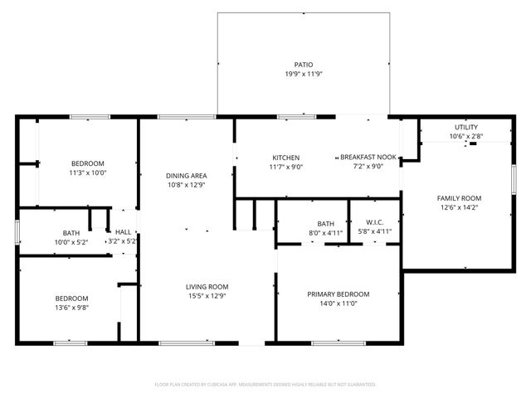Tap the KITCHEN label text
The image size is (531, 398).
pyautogui.click(x=285, y=158)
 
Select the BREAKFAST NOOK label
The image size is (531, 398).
pyautogui.click(x=368, y=158)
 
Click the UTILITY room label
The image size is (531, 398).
pyautogui.click(x=465, y=127)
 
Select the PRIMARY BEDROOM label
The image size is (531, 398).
pyautogui.click(x=338, y=294)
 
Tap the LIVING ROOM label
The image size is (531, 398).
pyautogui.click(x=207, y=287)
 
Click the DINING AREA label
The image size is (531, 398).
pyautogui.click(x=186, y=176)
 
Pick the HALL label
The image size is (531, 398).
pyautogui.click(x=123, y=232)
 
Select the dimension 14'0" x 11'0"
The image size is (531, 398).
pyautogui.click(x=338, y=303)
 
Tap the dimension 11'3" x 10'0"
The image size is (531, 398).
pyautogui.click(x=87, y=172)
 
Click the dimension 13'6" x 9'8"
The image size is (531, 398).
pyautogui.click(x=71, y=308)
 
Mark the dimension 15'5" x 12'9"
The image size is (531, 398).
pyautogui.click(x=207, y=296)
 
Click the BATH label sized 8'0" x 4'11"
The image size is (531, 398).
pyautogui.click(x=325, y=223)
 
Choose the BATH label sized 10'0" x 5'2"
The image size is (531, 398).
pyautogui.click(x=71, y=233)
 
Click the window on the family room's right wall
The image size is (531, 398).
pyautogui.click(x=514, y=180)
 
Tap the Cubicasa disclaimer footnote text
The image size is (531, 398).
pyautogui.click(x=265, y=385)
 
